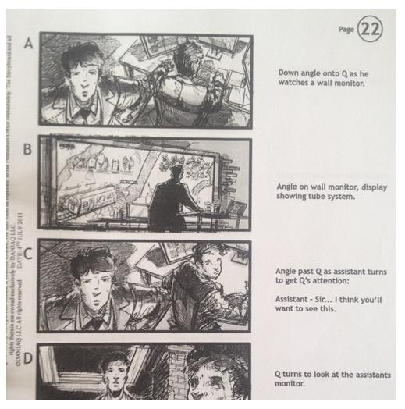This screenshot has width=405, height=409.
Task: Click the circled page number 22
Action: coord(371,30)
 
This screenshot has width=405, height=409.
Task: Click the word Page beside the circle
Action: coord(346,30)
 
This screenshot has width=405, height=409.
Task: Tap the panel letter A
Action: coord(28,44)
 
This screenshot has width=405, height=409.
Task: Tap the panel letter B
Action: coord(28,149)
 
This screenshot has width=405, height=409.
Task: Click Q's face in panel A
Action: coord(82,75)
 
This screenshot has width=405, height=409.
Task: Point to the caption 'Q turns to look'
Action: coord(308,375)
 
